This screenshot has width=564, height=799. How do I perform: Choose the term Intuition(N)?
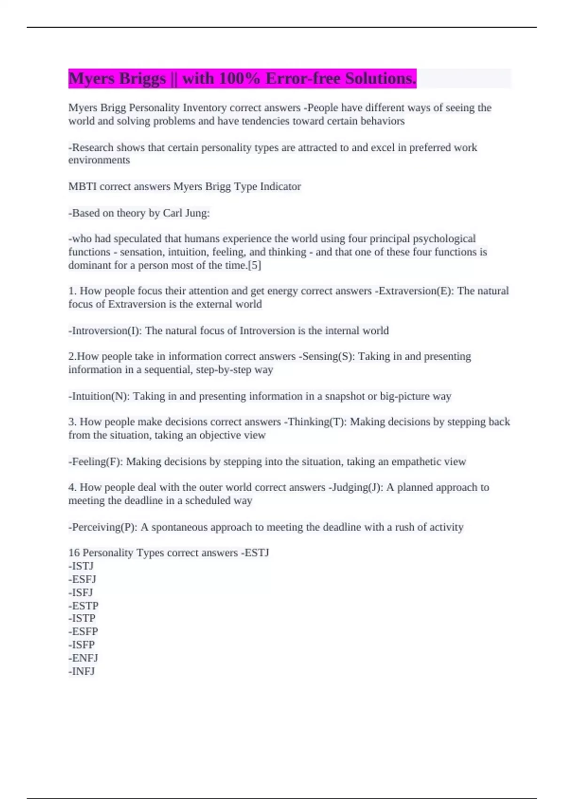(100, 396)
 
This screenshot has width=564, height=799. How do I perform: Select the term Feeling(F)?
(96, 462)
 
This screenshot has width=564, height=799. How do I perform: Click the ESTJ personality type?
(256, 553)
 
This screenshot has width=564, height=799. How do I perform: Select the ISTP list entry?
(83, 619)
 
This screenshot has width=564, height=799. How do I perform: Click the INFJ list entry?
(83, 671)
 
